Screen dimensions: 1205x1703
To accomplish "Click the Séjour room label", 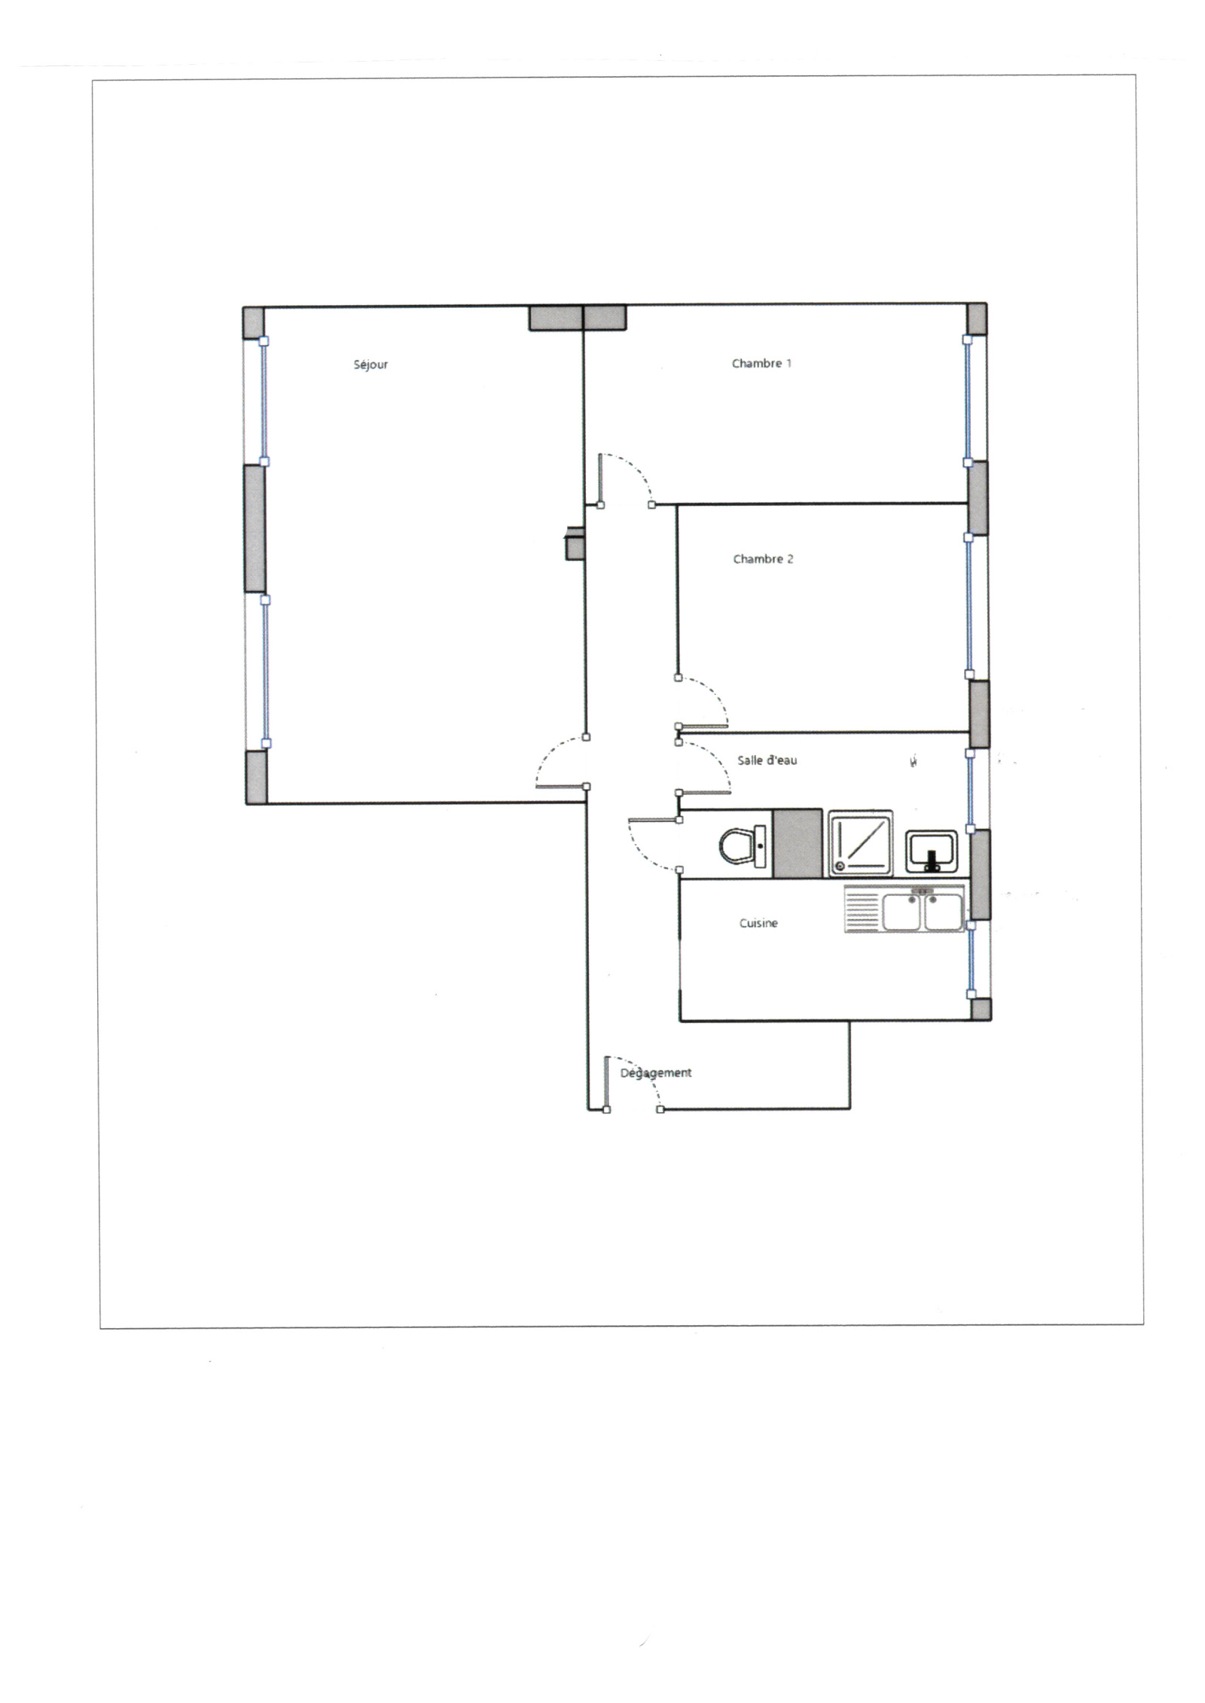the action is pos(371,365).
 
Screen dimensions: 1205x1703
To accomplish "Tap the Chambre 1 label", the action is pos(761,364).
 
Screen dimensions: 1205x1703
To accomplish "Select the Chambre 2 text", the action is pos(763,559).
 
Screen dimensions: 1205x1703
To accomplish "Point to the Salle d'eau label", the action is pos(767,760).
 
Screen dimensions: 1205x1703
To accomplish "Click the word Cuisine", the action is pos(758,924).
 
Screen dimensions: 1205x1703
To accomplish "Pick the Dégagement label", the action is pos(655,1073).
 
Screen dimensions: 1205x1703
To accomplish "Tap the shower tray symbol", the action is pos(860,843).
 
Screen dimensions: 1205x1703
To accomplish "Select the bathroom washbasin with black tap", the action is pos(931,851).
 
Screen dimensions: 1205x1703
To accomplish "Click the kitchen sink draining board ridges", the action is pos(862,909).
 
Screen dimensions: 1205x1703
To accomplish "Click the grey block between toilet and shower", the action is pos(798,843).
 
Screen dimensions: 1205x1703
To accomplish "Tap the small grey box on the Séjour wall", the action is pos(574,543).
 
